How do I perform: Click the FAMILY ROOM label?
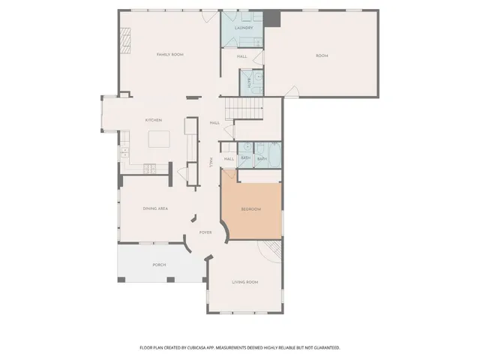click(169, 55)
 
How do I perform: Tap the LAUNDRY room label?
click(244, 28)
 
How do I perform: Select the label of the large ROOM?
click(322, 56)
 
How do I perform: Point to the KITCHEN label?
click(154, 120)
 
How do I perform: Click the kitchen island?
click(160, 139)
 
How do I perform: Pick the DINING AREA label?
click(154, 208)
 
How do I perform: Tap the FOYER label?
click(205, 232)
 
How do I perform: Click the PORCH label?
click(159, 265)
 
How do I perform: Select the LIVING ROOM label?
click(244, 282)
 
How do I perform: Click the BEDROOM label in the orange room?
click(250, 209)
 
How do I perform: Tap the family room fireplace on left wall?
click(125, 38)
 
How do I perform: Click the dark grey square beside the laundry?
click(274, 18)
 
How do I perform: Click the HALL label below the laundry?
click(242, 56)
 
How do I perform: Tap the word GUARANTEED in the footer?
click(323, 348)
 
